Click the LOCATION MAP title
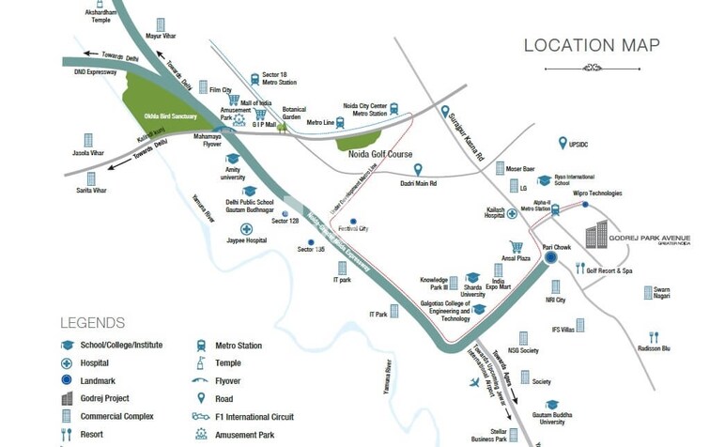point(591,45)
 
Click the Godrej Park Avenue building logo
point(597,236)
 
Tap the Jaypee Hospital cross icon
point(247,228)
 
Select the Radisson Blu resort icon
point(654,336)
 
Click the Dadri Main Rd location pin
point(418,169)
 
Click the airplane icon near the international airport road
point(474,383)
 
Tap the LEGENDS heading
point(92,322)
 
